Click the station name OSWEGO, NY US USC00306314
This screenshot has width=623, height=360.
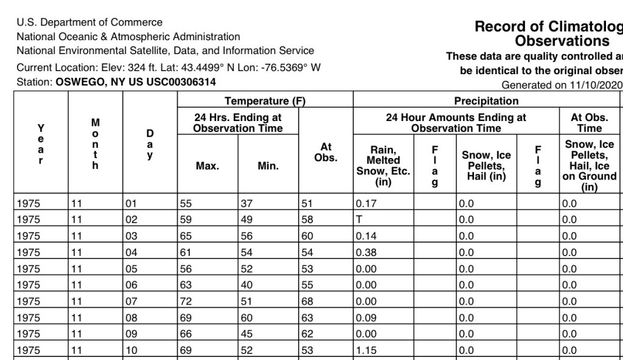point(135,82)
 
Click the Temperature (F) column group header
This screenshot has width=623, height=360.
point(265,101)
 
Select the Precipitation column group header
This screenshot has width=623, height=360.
point(486,101)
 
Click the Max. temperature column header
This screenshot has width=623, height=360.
point(207,165)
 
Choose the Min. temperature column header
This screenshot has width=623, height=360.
point(268,165)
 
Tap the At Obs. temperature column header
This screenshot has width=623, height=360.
point(325,152)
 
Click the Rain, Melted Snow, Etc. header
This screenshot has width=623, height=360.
point(383,165)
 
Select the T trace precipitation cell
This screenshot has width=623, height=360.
point(360,220)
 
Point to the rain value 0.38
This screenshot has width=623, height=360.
point(366,252)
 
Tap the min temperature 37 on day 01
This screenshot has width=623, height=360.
point(247,203)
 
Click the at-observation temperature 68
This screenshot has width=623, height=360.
point(308,302)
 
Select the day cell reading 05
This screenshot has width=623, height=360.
point(131,269)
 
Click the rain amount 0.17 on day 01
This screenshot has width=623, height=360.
point(366,203)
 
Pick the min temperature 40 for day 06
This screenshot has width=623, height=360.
point(247,285)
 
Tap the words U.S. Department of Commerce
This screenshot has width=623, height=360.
point(89,22)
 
